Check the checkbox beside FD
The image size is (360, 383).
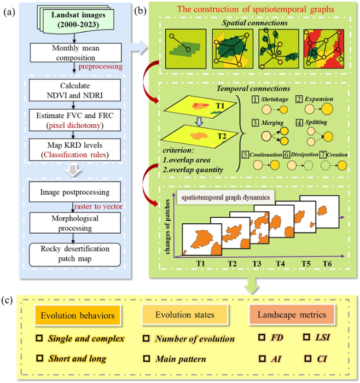(x=262, y=338)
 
